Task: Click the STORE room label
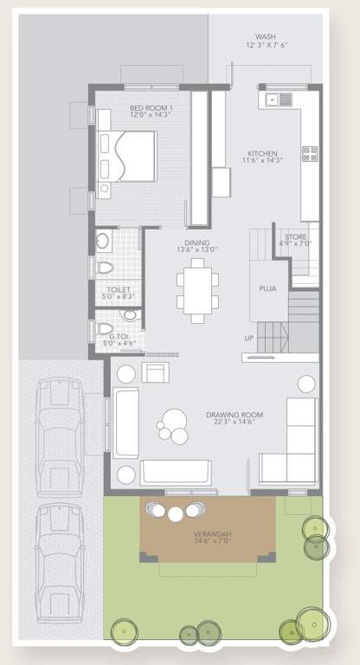[294, 236]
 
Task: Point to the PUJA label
[267, 288]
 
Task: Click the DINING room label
[196, 242]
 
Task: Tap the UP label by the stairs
[249, 338]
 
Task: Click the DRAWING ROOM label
[235, 415]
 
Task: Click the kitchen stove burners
[309, 155]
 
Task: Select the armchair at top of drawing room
[156, 372]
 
